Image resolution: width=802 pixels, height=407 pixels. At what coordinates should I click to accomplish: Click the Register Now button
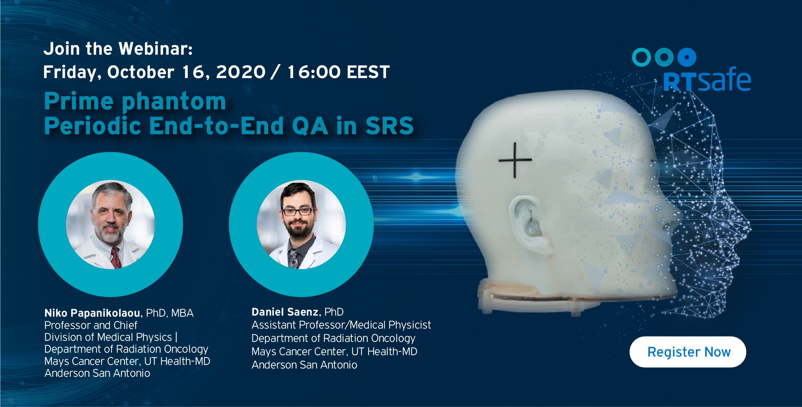pos(688,352)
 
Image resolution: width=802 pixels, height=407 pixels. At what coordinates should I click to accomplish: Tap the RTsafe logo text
pos(707,80)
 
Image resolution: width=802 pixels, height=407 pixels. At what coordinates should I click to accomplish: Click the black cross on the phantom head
pos(515,160)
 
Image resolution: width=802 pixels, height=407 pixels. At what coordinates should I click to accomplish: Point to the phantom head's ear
pos(528,221)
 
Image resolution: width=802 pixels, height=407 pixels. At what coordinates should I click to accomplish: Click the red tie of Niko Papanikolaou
pos(116,258)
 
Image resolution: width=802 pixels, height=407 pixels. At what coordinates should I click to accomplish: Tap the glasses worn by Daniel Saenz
pos(298,211)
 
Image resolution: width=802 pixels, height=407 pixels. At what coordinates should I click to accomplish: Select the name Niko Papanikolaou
pos(92,313)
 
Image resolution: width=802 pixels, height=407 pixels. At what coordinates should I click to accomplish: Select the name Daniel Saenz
pos(285,312)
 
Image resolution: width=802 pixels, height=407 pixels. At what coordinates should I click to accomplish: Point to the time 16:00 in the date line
pos(314,72)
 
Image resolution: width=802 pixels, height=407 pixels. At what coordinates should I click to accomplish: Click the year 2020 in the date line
pos(241,72)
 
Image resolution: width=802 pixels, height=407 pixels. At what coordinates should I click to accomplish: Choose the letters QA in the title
pos(310,126)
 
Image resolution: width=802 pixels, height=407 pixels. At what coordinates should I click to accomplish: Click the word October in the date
pos(141,72)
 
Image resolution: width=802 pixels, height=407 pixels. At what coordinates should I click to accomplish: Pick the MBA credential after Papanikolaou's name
pos(182,313)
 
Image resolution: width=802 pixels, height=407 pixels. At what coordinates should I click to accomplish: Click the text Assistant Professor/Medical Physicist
pos(341,325)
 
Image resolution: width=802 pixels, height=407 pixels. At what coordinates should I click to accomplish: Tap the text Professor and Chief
pos(91,325)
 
